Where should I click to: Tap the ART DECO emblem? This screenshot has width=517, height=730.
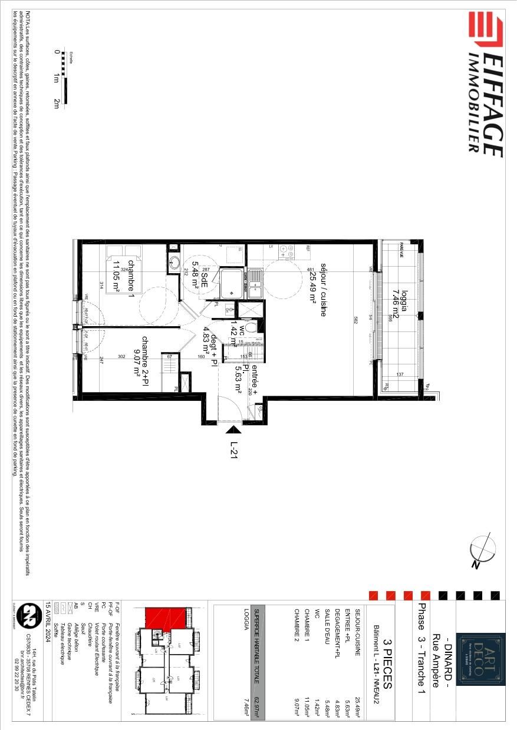[482, 659]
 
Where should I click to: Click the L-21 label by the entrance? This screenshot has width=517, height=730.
[234, 452]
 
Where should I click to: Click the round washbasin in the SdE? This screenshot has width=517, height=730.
[174, 263]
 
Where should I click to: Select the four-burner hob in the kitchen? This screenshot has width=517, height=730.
[286, 251]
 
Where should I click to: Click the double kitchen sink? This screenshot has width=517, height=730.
[256, 283]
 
